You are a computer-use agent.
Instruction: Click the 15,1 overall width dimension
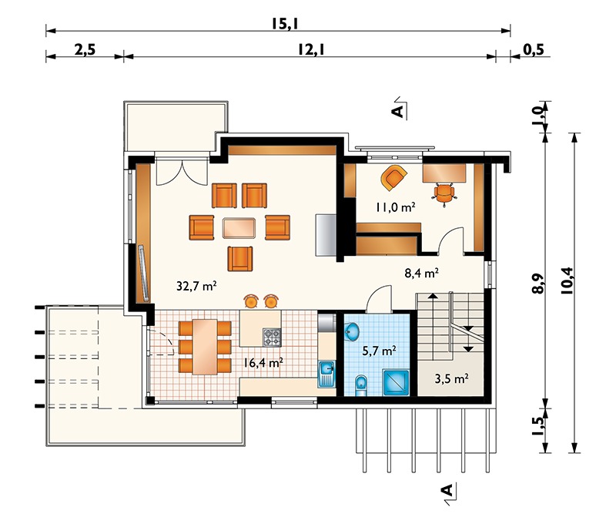(x=285, y=24)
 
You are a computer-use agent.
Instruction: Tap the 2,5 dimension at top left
(x=85, y=50)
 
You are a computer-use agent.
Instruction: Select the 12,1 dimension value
(x=311, y=50)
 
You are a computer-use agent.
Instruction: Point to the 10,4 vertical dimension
(x=567, y=280)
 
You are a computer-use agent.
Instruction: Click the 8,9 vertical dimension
(x=539, y=283)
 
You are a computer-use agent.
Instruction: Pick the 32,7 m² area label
(x=196, y=286)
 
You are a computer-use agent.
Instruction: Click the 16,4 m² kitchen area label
(x=263, y=362)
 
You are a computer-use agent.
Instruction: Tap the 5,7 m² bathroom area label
(x=379, y=351)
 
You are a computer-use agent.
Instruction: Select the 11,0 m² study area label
(x=395, y=207)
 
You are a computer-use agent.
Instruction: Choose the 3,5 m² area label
(x=451, y=378)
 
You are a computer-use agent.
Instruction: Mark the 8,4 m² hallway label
(x=421, y=273)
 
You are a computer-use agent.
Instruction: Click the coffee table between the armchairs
(x=239, y=228)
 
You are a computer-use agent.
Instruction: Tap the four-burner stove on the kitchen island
(x=272, y=338)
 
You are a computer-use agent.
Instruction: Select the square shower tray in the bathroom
(x=396, y=382)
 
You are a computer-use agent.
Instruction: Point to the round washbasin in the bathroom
(x=352, y=331)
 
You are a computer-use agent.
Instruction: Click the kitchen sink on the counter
(x=326, y=374)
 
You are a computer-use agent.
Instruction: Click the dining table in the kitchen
(x=204, y=347)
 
